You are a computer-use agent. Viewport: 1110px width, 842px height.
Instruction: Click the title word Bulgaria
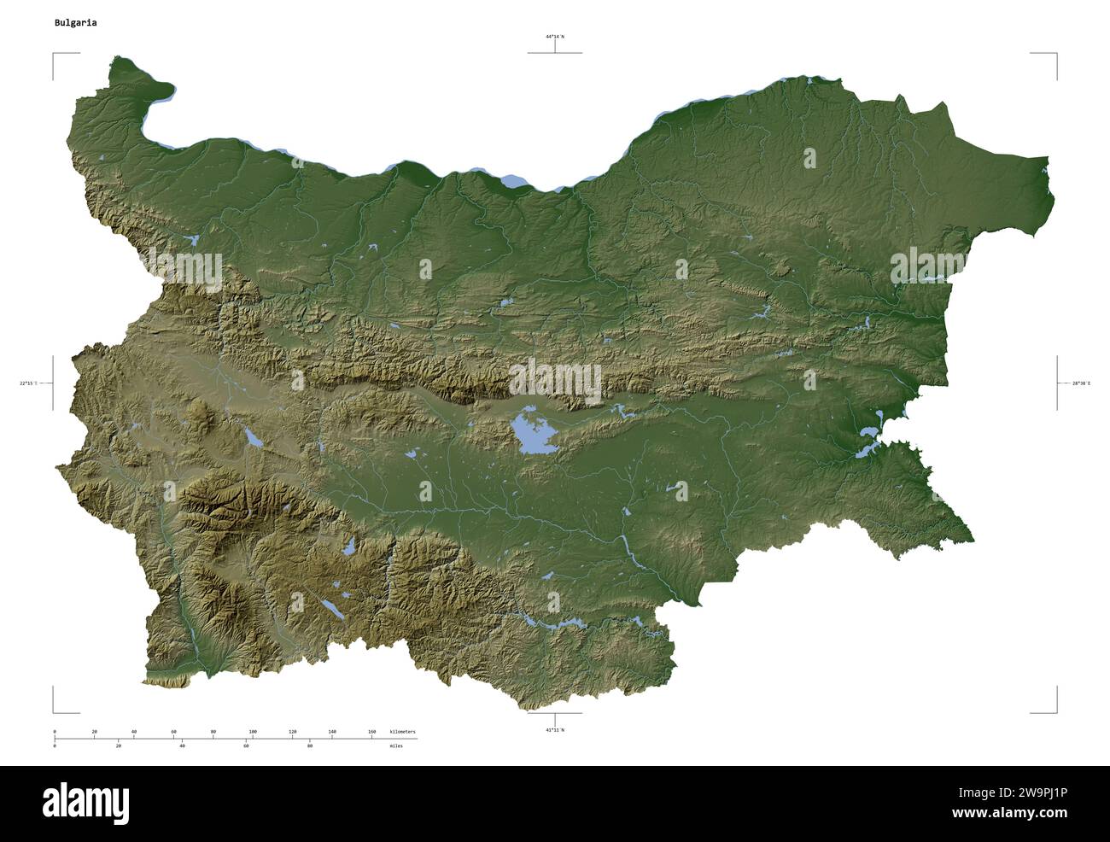click(75, 23)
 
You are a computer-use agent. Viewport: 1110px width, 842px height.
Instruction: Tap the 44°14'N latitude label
click(555, 37)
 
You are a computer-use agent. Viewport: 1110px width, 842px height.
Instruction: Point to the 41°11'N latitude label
click(555, 730)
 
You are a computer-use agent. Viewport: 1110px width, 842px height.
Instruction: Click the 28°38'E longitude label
click(1080, 383)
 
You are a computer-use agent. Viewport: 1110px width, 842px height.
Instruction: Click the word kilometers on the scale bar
click(402, 732)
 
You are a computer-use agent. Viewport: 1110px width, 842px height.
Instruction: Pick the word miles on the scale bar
click(396, 746)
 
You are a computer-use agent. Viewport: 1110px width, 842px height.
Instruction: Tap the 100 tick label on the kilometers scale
click(253, 732)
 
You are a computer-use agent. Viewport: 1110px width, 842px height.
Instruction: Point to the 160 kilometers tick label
click(371, 732)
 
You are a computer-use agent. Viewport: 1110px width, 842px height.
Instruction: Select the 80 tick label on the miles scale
click(309, 746)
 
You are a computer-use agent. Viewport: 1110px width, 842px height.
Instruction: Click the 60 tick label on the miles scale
click(246, 746)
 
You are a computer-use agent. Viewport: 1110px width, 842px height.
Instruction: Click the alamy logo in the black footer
click(86, 803)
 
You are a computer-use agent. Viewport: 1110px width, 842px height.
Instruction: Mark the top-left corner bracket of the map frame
click(55, 55)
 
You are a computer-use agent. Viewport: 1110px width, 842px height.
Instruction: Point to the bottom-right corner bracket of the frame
click(1055, 710)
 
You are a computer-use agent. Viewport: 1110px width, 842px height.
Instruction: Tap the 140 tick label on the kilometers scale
click(332, 732)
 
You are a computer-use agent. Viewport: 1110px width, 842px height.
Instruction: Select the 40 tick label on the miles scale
click(183, 746)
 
